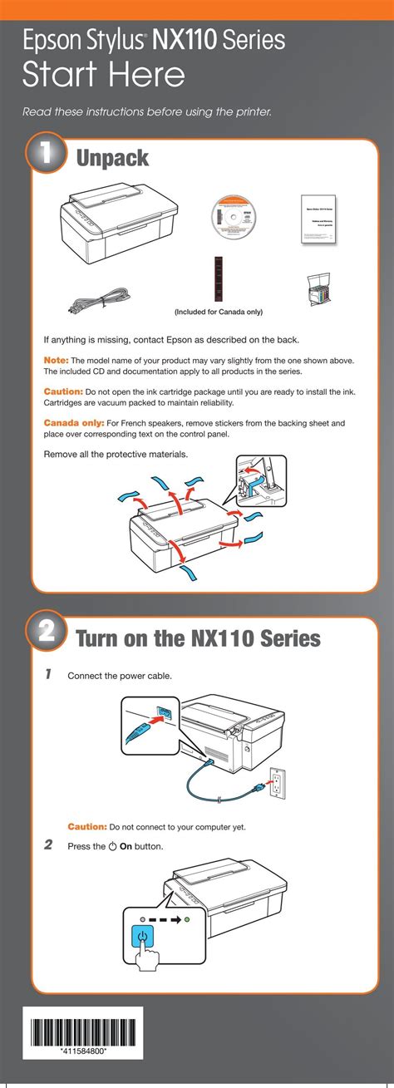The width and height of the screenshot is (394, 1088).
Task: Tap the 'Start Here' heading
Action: click(103, 76)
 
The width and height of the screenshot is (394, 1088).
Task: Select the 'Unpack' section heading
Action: click(112, 157)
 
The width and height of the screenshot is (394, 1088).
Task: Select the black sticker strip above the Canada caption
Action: click(219, 279)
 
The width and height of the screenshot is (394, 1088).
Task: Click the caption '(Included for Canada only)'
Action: click(218, 313)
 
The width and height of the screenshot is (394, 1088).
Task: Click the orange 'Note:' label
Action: click(57, 360)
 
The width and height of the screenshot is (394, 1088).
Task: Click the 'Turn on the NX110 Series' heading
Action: click(198, 638)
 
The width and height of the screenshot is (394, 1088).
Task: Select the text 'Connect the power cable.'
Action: click(120, 676)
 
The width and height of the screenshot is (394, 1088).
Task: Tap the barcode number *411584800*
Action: click(82, 1051)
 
